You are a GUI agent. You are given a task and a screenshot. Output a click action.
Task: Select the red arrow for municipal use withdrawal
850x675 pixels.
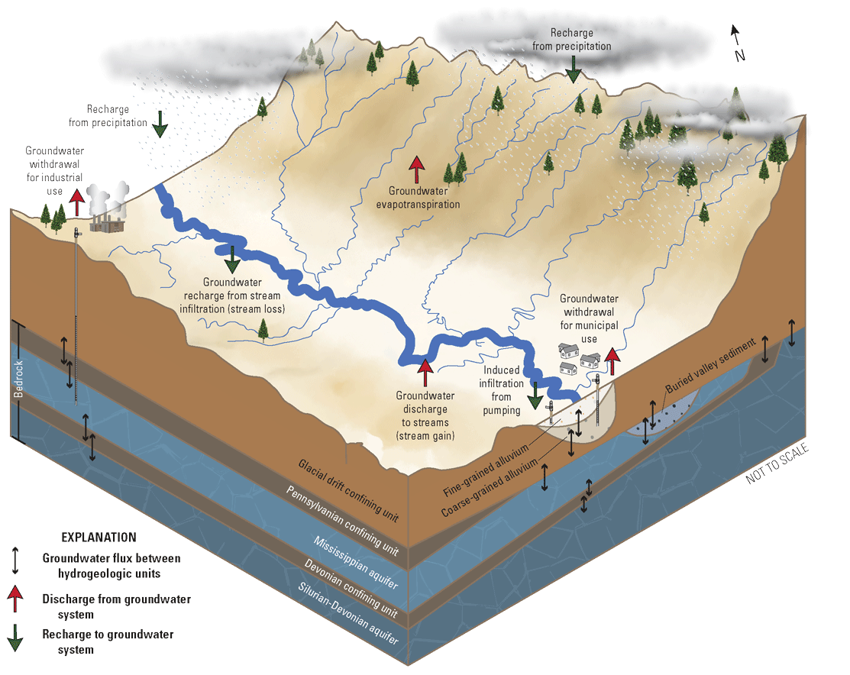point(612,363)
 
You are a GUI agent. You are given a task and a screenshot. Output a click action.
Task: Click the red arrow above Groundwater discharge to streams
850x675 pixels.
point(425,373)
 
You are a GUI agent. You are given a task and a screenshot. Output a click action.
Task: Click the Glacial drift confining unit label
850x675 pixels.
point(348,489)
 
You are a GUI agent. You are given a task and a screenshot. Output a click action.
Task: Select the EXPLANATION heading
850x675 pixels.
point(99,538)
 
